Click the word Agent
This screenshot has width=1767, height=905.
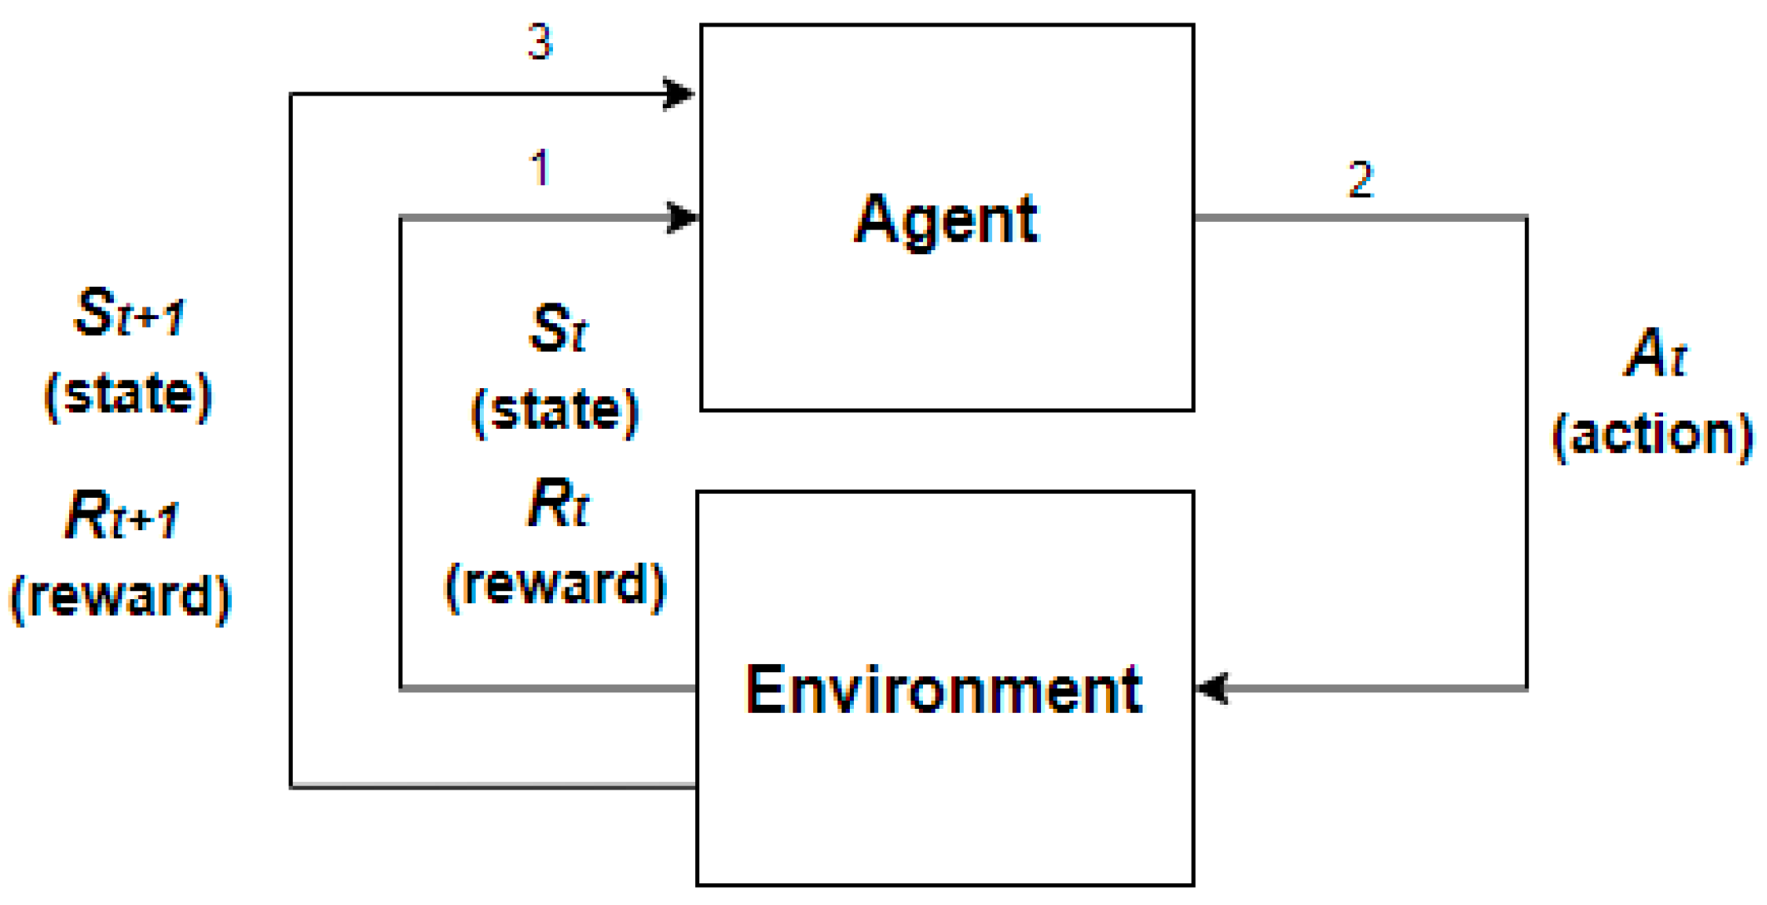pos(946,219)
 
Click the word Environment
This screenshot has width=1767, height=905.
pos(944,690)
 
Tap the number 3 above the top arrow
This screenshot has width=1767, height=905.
pos(540,42)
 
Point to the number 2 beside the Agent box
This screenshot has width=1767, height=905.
pos(1360,180)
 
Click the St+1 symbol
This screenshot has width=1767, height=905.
pos(129,313)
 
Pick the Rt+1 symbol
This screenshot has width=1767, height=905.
pos(121,516)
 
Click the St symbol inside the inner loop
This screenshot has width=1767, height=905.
pos(557,329)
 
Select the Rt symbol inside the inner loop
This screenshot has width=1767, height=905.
pos(557,504)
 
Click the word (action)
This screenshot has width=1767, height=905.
pos(1653,435)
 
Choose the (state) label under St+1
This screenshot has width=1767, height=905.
pos(128,395)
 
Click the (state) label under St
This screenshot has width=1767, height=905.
pos(555,411)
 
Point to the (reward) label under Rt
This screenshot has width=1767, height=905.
pos(555,584)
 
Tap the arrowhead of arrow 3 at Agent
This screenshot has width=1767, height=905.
pos(679,93)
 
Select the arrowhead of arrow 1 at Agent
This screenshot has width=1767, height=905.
pos(683,218)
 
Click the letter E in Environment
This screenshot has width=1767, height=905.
pos(764,690)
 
